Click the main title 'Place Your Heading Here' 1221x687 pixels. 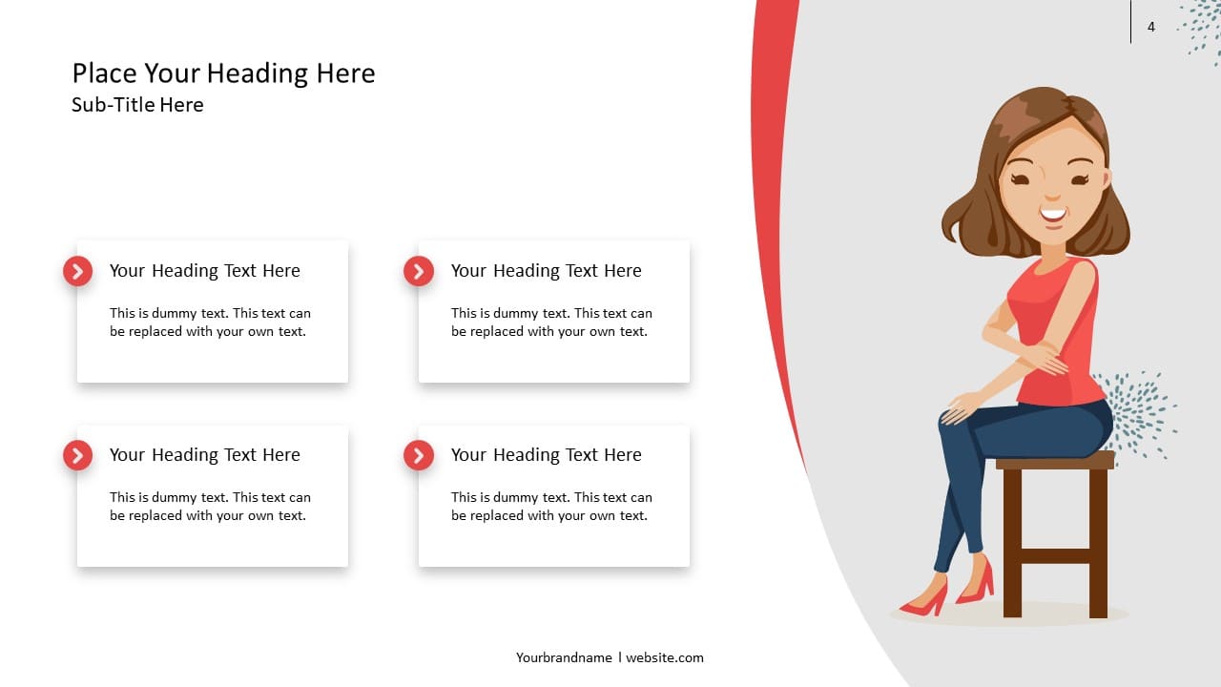pos(223,73)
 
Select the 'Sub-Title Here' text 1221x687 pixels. pos(137,105)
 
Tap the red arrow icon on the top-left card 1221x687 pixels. pos(77,271)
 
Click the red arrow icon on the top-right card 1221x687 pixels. pos(418,271)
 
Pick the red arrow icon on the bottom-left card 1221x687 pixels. pos(77,455)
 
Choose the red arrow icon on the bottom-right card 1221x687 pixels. pos(418,455)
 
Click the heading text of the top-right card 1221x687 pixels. pos(546,271)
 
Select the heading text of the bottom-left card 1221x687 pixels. pos(204,455)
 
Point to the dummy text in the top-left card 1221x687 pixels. pos(210,323)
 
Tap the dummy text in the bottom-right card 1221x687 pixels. pos(551,507)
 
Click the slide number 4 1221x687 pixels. pos(1150,27)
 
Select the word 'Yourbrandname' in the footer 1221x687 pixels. pos(564,657)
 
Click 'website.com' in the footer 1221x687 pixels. pos(665,657)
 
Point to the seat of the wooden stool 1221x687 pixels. pos(1055,462)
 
